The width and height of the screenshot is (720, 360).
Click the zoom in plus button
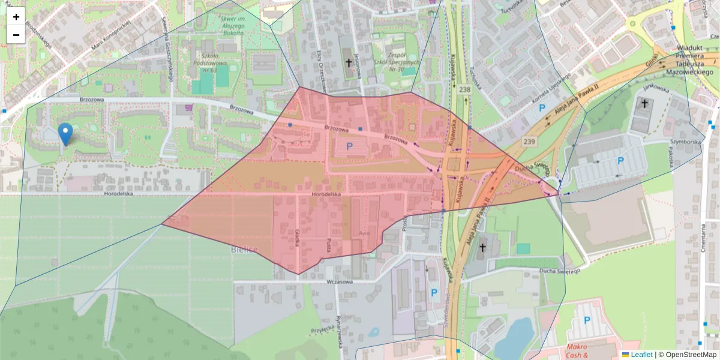16,17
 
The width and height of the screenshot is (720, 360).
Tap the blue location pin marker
65,134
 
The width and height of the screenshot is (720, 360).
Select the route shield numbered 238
464,89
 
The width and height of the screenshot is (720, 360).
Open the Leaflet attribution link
641,355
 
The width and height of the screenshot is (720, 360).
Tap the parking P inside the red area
349,146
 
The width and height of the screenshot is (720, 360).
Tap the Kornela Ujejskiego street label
550,88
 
